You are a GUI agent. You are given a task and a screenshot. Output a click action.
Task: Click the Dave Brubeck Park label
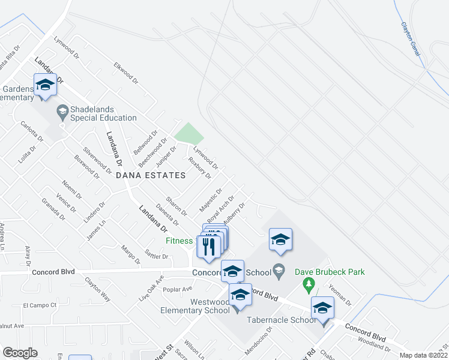pos(330,272)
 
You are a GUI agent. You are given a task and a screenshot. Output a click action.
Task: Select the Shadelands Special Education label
pos(104,114)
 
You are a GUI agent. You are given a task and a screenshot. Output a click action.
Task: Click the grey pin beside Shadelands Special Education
pos(62,111)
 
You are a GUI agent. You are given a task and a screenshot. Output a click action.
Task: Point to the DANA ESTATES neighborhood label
pos(150,175)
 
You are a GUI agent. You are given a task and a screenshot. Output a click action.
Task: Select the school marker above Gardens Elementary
pos(45,85)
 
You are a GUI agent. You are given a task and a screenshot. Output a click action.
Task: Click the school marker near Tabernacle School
pos(322,309)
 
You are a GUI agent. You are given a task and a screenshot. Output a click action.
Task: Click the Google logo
pos(20,353)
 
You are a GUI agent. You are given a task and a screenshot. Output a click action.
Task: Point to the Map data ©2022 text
pos(423,355)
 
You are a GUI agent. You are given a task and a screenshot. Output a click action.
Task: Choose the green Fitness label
pos(179,241)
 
